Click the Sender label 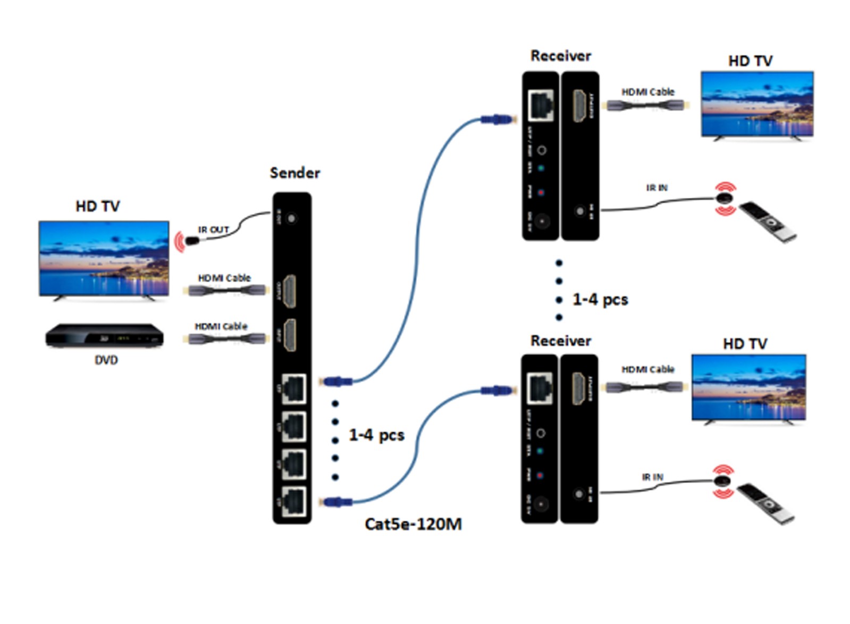(294, 173)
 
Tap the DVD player (104, 336)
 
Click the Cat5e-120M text (413, 524)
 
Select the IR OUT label (213, 230)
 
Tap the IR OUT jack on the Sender (291, 218)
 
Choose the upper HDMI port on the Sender (290, 291)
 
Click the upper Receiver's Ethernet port (541, 105)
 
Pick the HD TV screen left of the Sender (104, 258)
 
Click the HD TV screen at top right (757, 104)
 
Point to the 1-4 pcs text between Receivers (600, 299)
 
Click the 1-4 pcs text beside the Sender (376, 435)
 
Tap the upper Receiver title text (560, 56)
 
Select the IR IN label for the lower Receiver (652, 477)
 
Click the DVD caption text (106, 360)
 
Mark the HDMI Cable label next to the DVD (221, 326)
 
